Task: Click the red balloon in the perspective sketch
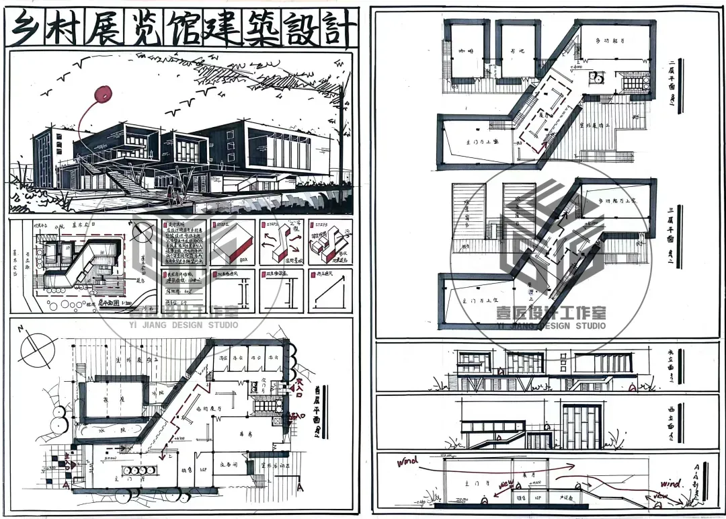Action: [103, 95]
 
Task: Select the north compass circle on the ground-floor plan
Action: [38, 349]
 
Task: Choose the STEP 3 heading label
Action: [317, 227]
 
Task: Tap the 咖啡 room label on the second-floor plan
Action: [466, 51]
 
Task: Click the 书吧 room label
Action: [518, 52]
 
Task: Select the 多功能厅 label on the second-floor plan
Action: [610, 42]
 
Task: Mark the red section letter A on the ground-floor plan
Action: [65, 483]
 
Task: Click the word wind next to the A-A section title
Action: [670, 483]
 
